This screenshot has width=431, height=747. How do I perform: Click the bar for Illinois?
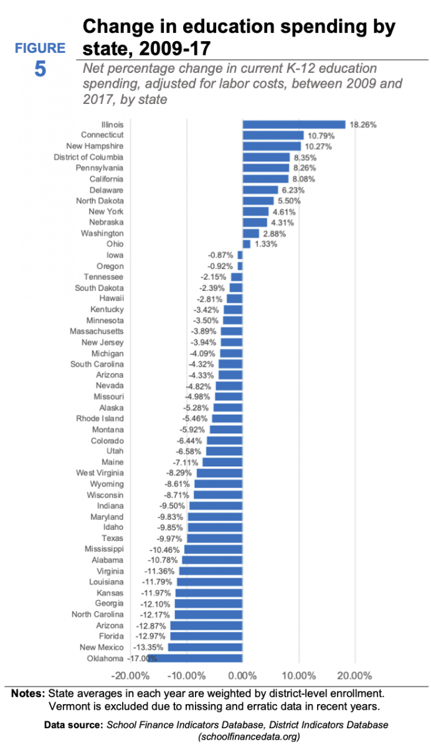tap(293, 125)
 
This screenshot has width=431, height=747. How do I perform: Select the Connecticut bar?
tap(273, 135)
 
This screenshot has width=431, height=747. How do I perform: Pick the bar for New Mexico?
tap(205, 647)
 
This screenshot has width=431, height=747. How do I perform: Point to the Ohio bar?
tap(246, 244)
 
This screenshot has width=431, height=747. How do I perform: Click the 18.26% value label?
tap(362, 125)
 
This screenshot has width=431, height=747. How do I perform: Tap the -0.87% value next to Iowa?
tap(221, 255)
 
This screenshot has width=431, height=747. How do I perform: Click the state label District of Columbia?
tap(88, 157)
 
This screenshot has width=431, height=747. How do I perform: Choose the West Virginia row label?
tap(100, 472)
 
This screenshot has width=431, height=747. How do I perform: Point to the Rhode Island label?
tap(100, 418)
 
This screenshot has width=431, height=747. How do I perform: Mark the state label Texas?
tap(113, 538)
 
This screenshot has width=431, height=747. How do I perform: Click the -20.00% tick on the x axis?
tap(131, 676)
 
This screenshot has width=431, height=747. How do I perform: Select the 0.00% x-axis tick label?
tap(242, 676)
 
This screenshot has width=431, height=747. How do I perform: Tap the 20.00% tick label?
tap(354, 676)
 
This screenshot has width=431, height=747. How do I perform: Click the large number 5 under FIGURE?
tap(40, 69)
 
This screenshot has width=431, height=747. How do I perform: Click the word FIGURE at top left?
tap(40, 48)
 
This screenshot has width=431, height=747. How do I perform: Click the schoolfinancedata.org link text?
tap(249, 736)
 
